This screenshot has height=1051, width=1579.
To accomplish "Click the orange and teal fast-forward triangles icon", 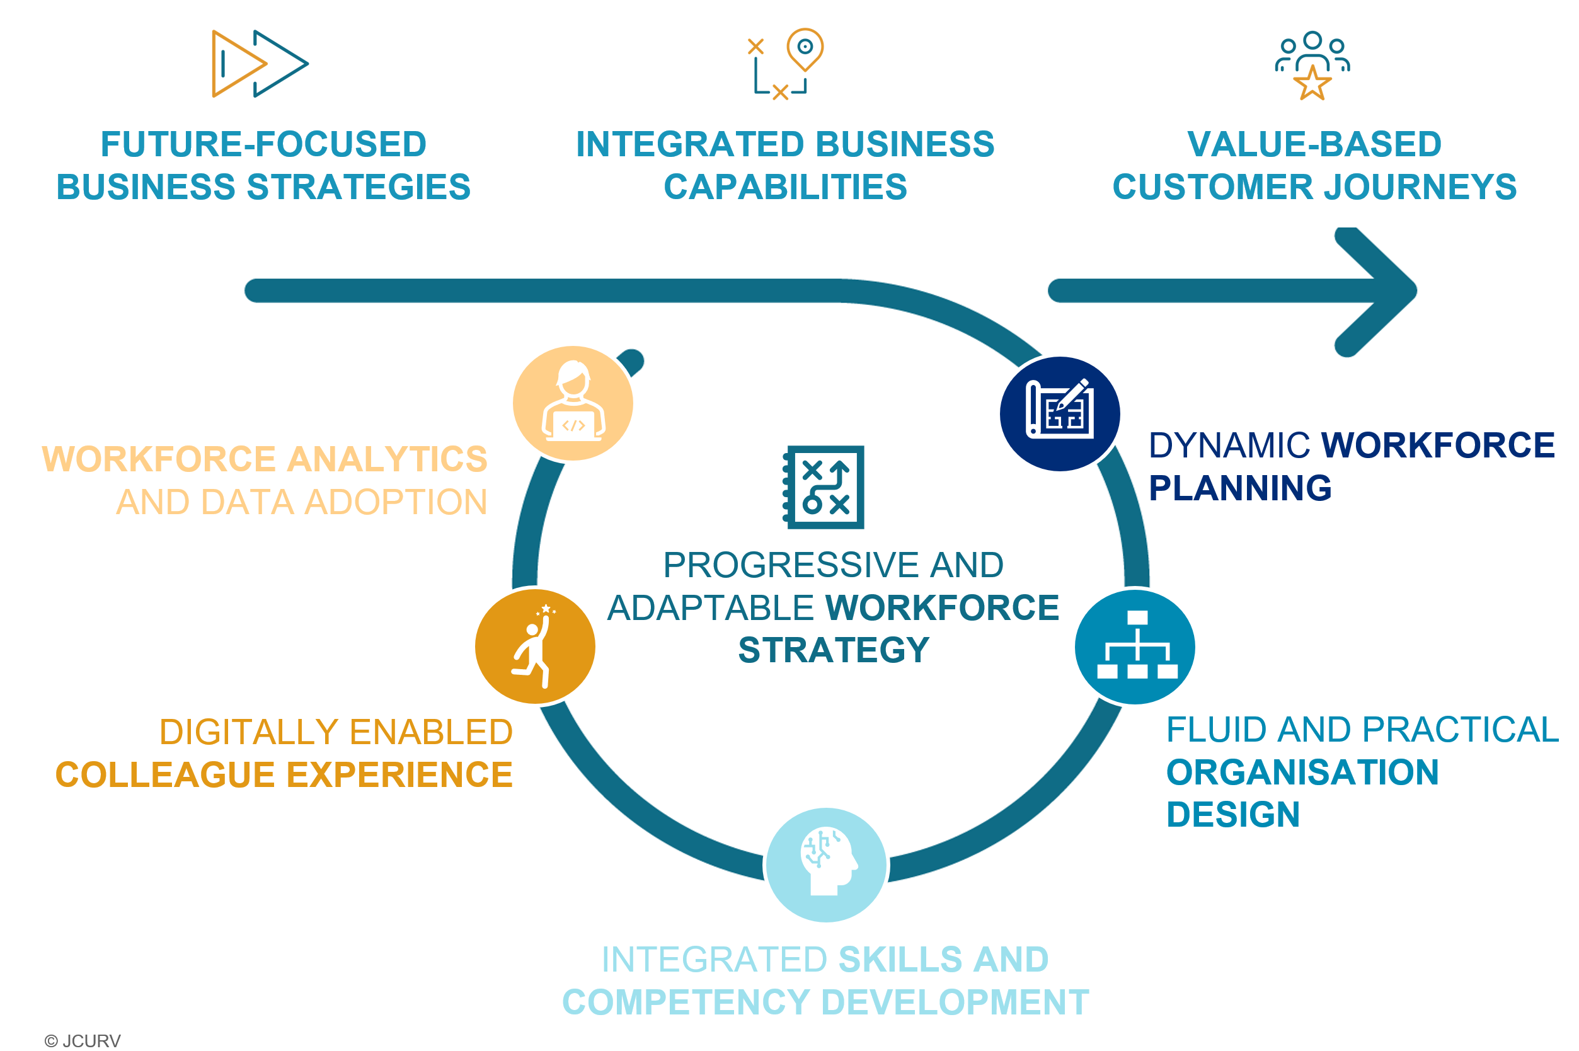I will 260,64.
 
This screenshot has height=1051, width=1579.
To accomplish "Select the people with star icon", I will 1312,65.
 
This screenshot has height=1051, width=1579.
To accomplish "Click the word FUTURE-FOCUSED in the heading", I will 263,144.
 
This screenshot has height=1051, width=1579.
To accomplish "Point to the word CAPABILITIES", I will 785,187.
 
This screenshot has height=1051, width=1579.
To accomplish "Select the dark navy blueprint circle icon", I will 1059,413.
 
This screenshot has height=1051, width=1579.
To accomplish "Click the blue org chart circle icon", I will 1135,646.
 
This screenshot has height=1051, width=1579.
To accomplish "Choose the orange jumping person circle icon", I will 535,646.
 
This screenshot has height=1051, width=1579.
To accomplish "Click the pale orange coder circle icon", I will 573,403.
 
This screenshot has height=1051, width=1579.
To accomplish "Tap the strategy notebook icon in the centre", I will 824,486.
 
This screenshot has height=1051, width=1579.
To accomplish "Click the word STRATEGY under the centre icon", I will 833,650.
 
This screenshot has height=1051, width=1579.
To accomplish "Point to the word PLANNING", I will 1240,488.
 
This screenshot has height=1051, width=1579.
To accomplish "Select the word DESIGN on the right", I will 1232,814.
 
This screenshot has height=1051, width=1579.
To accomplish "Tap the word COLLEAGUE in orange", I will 165,775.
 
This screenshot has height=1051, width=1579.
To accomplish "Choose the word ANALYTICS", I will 388,459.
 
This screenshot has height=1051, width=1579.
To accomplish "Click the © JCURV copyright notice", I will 83,1040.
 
